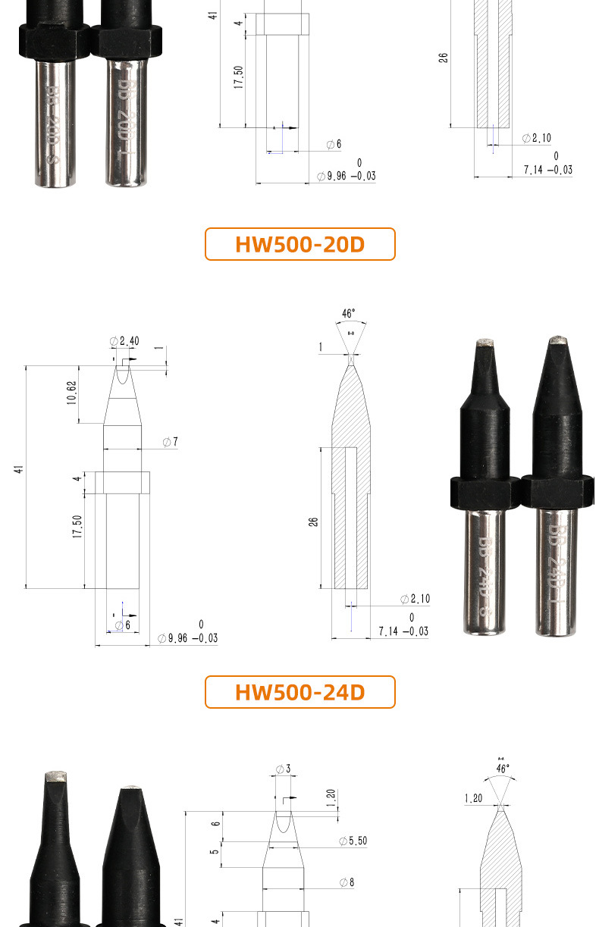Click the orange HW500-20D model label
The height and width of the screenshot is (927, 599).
click(x=299, y=244)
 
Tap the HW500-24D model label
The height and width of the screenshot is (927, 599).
click(x=299, y=692)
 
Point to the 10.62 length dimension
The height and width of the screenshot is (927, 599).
click(x=71, y=393)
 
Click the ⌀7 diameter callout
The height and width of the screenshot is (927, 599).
click(x=170, y=441)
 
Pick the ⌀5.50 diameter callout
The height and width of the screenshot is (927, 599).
click(x=353, y=841)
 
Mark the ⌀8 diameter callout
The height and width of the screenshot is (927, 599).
click(x=347, y=882)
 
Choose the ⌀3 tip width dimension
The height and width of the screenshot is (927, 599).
click(x=284, y=769)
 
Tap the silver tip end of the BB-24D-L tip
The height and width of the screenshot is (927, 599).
click(x=558, y=338)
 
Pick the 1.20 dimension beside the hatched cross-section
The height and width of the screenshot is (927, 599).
click(x=473, y=797)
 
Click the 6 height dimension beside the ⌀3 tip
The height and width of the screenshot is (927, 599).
click(x=215, y=825)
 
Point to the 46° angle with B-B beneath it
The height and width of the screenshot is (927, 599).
click(x=349, y=313)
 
